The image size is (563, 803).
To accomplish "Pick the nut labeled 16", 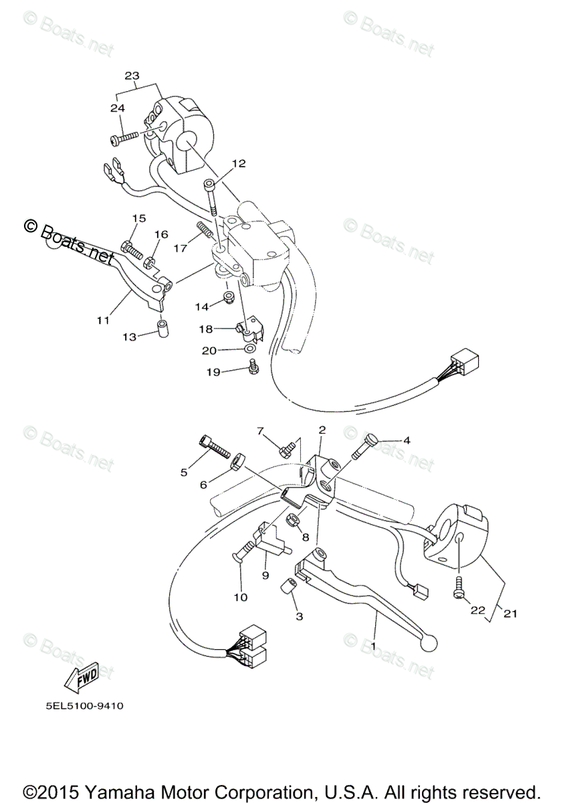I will (152, 262).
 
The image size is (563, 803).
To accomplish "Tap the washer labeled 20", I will (249, 349).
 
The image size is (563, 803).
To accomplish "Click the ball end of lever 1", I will (429, 641).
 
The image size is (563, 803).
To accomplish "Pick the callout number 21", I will (510, 613).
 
